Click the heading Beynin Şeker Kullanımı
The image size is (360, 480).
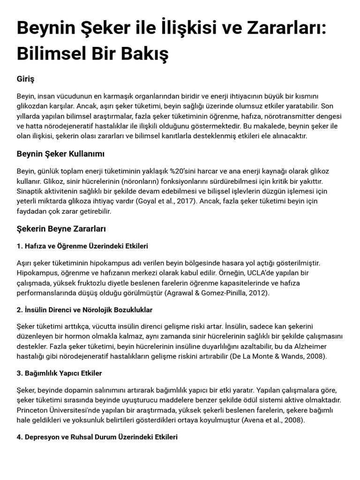tap(60, 154)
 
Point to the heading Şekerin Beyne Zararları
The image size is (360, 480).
tap(61, 229)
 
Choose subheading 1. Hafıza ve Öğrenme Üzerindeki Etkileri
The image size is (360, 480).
tap(82, 246)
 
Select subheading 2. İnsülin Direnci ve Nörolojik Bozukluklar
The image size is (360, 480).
tap(84, 310)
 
